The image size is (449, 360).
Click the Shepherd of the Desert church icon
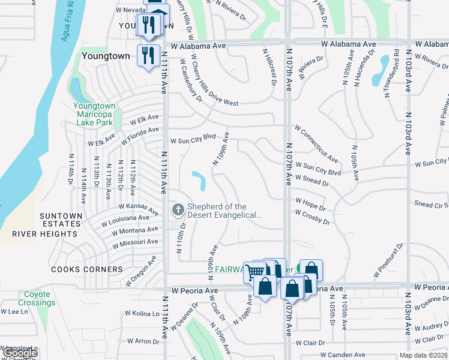178,210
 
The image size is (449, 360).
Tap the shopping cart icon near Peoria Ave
255,271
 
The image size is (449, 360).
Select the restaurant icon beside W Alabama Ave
146,55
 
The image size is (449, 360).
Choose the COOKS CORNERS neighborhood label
86,269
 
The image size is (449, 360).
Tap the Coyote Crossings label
37,299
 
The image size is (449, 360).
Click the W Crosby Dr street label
313,217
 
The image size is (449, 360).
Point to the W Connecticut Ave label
316,143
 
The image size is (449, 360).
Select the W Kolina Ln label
142,313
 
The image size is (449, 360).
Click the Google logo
20,353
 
